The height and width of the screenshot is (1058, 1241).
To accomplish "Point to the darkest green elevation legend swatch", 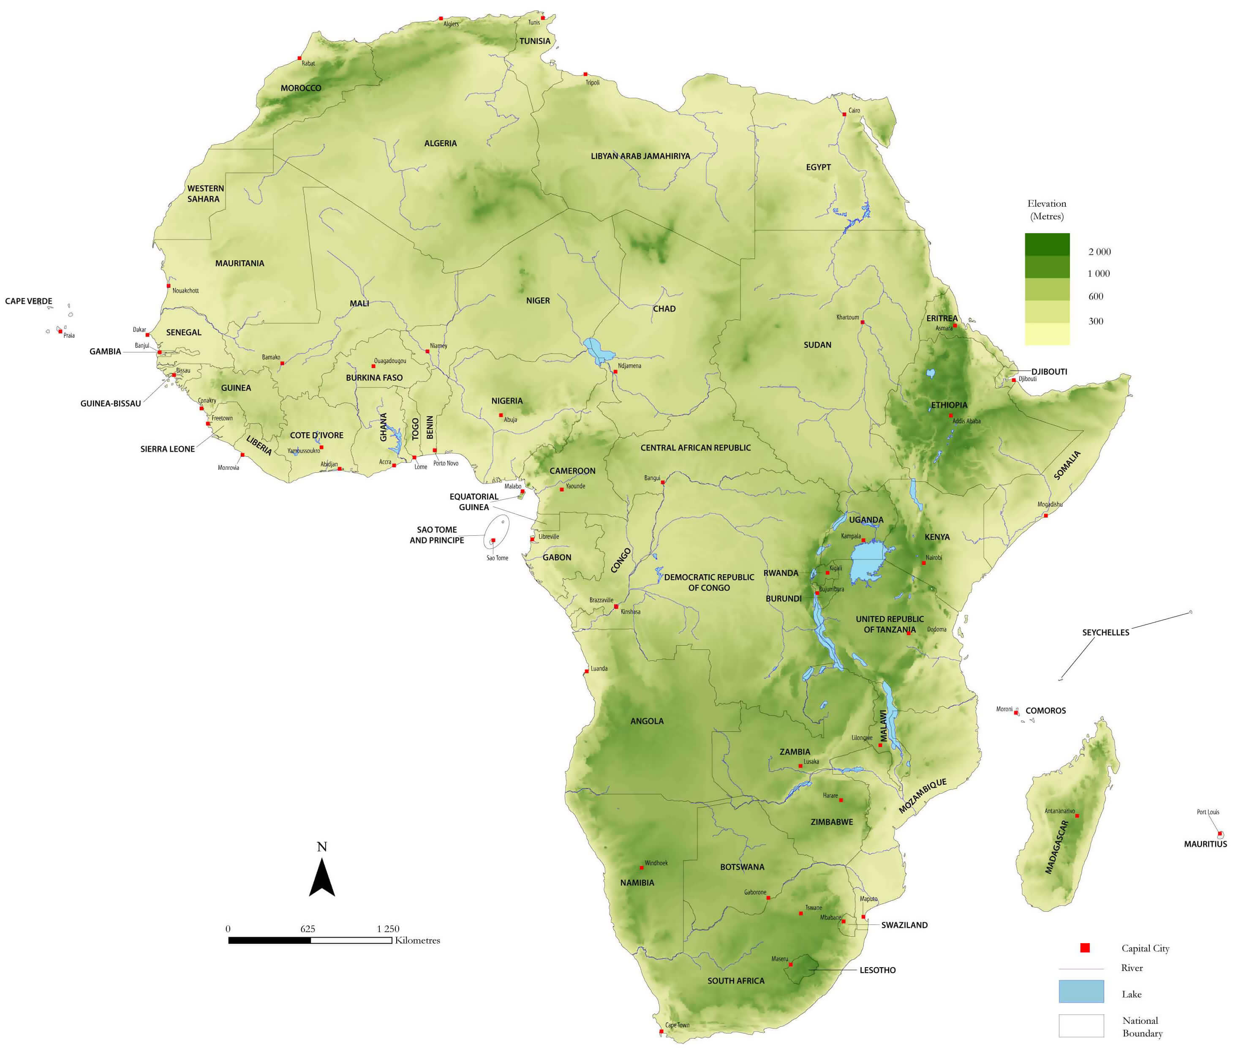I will pyautogui.click(x=1047, y=245).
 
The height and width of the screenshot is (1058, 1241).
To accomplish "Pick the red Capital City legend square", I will pyautogui.click(x=1085, y=948).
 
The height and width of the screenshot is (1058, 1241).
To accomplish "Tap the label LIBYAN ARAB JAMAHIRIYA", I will pyautogui.click(x=640, y=156).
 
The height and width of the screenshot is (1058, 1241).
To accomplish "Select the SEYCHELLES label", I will pyautogui.click(x=1105, y=632).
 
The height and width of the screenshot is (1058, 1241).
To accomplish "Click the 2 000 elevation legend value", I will pyautogui.click(x=1099, y=252).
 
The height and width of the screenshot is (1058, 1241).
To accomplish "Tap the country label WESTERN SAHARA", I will pyautogui.click(x=205, y=194).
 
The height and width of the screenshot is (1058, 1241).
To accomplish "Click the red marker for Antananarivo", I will pyautogui.click(x=1077, y=816).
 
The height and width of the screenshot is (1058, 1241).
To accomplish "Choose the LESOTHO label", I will pyautogui.click(x=877, y=970).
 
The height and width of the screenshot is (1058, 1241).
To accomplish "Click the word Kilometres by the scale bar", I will pyautogui.click(x=417, y=941).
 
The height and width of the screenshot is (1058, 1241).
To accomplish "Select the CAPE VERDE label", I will pyautogui.click(x=28, y=301).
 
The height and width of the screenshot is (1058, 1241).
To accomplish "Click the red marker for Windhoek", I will pyautogui.click(x=642, y=867).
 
